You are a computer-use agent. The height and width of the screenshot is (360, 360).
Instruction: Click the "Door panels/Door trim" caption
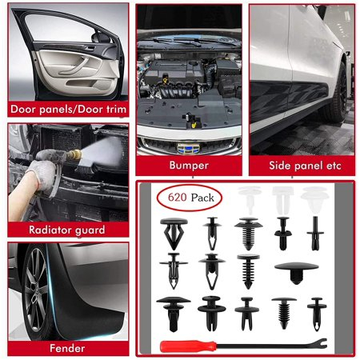coord(68,110)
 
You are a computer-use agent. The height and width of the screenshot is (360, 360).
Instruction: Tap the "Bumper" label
coord(189,166)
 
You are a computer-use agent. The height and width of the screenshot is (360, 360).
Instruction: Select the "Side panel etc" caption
coord(305,166)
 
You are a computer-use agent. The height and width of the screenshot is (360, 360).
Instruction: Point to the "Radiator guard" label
coord(67,230)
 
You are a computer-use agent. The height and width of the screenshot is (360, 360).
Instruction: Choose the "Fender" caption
coord(67,348)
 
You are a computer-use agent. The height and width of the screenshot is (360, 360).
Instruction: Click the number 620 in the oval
coord(178,198)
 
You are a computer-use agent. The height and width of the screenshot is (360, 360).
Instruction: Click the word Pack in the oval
coord(202,198)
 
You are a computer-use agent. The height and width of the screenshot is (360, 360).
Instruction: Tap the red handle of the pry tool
coord(188,346)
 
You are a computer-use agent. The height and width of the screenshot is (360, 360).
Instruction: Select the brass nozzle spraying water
coord(74,154)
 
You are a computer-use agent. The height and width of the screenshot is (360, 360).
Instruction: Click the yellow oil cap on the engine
coord(166,80)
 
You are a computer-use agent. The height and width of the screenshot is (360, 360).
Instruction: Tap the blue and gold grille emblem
coord(188,148)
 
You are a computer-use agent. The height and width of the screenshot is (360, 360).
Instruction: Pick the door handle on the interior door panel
coord(90,48)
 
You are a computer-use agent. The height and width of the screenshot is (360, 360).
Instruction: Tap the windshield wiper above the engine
coord(186,41)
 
